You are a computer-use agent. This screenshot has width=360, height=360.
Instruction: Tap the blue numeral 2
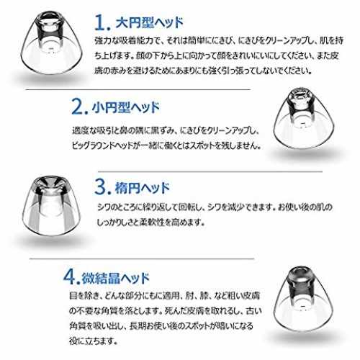[78, 107]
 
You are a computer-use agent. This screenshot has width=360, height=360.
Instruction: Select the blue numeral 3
[101, 186]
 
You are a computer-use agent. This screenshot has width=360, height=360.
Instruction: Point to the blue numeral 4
[70, 277]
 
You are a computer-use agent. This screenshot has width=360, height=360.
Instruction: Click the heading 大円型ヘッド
[149, 23]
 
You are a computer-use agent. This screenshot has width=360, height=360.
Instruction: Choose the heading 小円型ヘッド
[126, 107]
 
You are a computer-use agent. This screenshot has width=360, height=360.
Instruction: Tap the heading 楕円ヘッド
[143, 188]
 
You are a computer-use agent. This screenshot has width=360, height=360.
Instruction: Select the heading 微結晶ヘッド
[116, 278]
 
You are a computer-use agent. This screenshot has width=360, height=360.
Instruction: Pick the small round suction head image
[304, 118]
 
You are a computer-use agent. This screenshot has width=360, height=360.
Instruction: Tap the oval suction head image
[51, 206]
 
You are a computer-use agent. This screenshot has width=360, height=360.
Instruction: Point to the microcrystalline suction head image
[303, 299]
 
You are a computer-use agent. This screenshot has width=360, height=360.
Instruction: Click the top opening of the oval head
[51, 183]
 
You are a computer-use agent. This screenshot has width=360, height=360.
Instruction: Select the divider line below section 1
[138, 90]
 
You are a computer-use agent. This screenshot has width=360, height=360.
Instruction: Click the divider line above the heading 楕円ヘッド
[210, 171]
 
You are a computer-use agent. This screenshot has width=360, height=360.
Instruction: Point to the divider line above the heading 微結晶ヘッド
[142, 259]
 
